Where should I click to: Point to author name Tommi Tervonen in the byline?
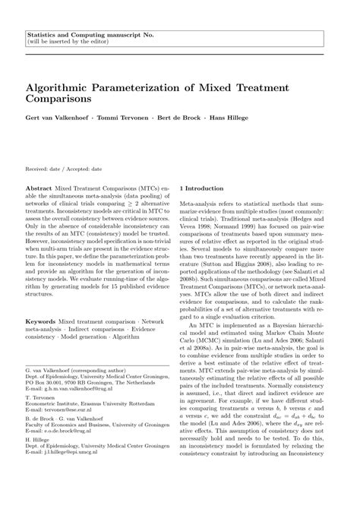coord(120,119)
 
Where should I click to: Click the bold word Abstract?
coord(39,185)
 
